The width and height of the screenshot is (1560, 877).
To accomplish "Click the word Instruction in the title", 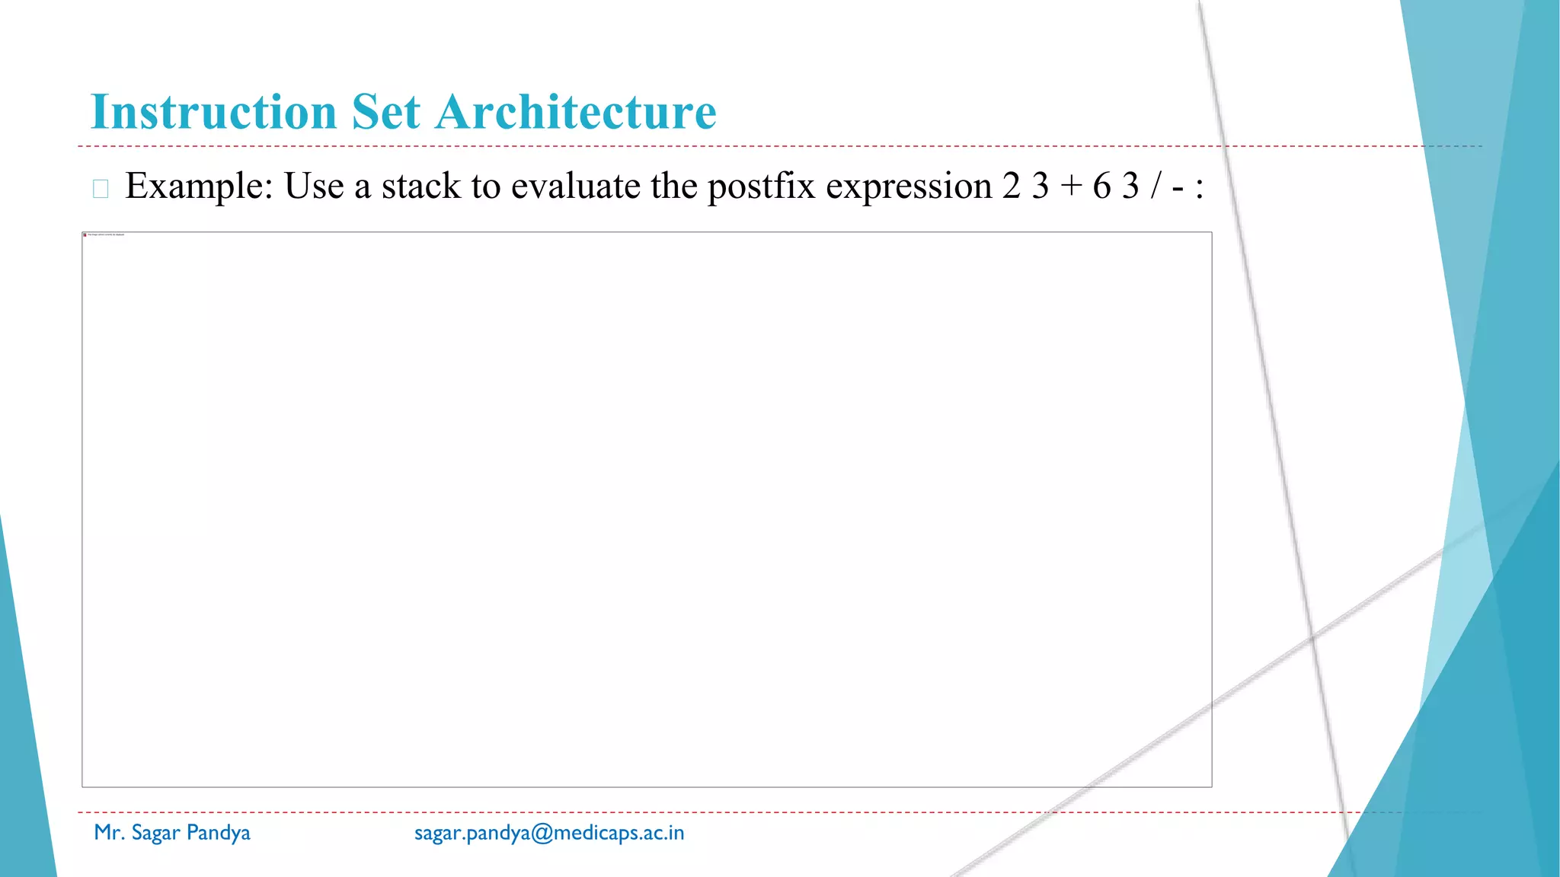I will tap(213, 112).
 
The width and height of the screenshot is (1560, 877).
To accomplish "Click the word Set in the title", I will tap(385, 112).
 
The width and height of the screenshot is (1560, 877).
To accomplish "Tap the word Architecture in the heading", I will tap(576, 112).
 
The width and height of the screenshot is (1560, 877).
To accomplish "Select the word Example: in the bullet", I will tap(199, 187).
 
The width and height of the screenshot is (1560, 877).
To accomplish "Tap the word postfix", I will tap(761, 187).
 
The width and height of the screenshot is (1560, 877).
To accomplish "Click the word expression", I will tap(908, 187).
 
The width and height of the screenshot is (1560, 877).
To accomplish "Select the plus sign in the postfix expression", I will tap(1071, 187).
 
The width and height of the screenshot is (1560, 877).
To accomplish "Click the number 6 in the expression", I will tap(1101, 187).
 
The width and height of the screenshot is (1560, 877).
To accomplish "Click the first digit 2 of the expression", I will tap(1012, 187).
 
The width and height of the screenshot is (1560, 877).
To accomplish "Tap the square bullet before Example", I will tap(101, 189).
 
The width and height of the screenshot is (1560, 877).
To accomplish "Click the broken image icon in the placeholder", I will tap(85, 234).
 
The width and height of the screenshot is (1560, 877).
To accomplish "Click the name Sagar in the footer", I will tap(155, 833).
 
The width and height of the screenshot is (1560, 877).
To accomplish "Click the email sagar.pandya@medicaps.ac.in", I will tap(548, 833).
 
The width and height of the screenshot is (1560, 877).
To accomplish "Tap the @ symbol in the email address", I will tap(542, 833).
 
